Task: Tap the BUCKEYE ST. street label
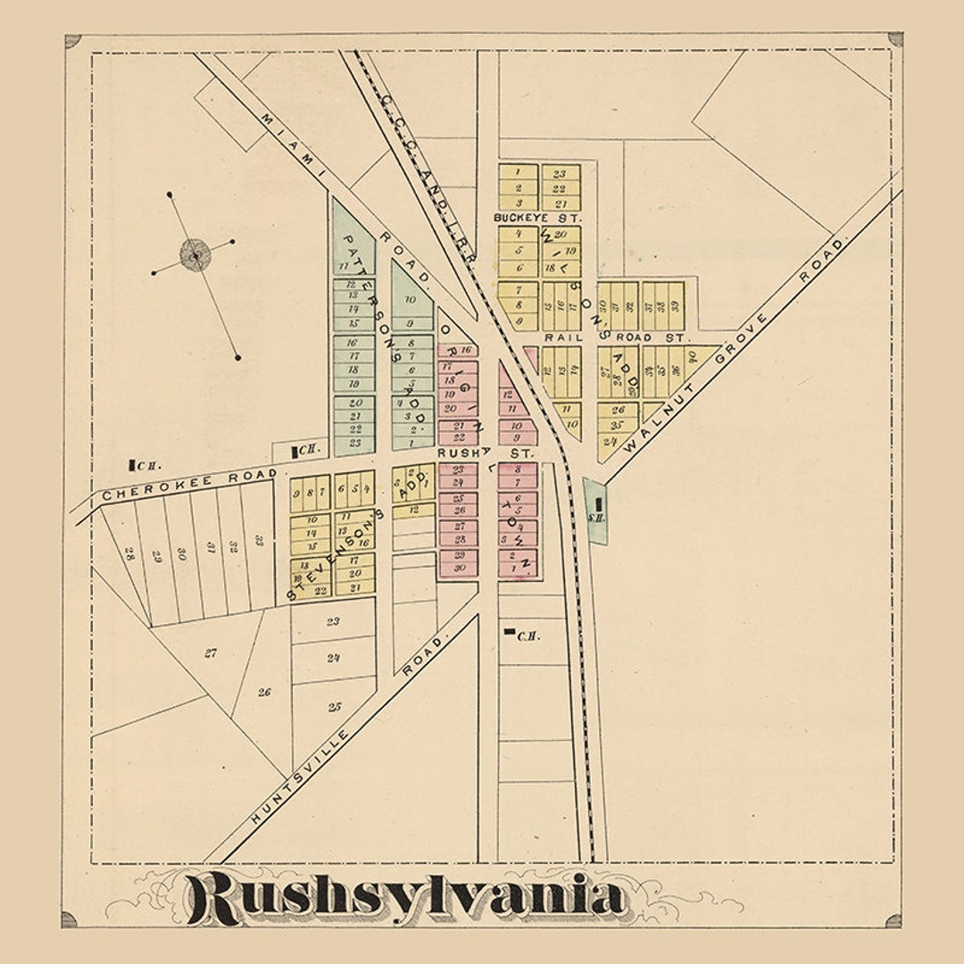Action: (x=537, y=218)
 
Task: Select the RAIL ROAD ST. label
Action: (x=615, y=338)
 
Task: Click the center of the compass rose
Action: (x=195, y=254)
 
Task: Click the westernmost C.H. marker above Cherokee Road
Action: (x=131, y=464)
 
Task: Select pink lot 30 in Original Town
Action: (x=458, y=568)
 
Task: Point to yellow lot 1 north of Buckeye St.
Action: (x=518, y=170)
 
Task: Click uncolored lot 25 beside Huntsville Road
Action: (x=334, y=707)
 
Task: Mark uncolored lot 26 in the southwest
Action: (x=264, y=692)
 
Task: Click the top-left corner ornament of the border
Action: (x=73, y=41)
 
